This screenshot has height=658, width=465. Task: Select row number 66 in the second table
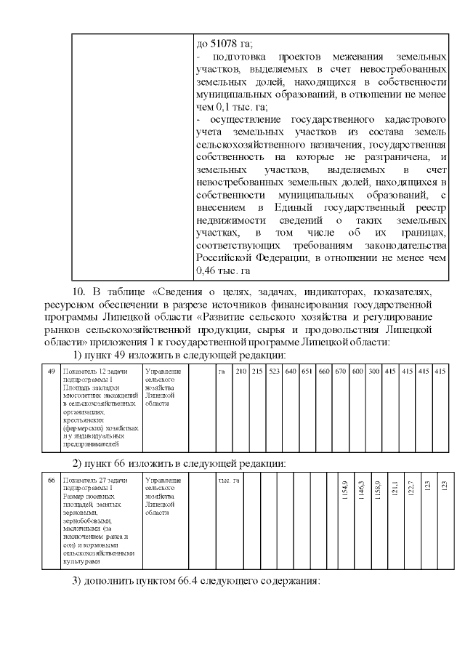pos(51,481)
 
